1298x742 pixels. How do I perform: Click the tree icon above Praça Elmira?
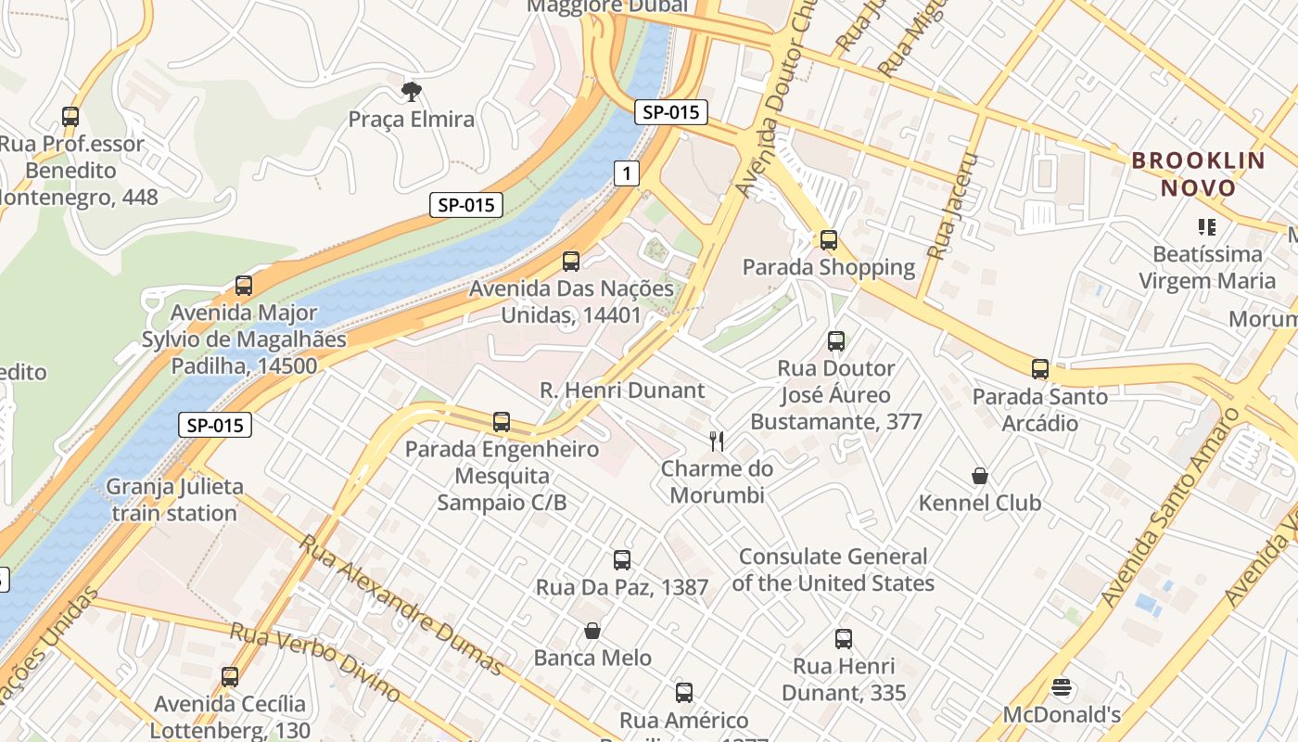[411, 91]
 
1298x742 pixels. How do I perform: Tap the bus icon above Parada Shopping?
[829, 240]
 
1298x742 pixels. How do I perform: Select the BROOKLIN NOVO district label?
[1198, 173]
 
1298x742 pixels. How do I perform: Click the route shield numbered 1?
[627, 173]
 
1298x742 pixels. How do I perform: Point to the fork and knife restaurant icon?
[717, 441]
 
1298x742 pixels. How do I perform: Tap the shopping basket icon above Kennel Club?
[980, 477]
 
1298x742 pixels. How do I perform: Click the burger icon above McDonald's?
[1062, 688]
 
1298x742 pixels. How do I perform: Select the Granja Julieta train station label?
[174, 499]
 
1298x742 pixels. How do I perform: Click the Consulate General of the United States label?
[833, 569]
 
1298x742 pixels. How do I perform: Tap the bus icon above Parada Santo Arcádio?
[1039, 369]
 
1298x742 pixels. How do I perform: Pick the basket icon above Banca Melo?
[592, 632]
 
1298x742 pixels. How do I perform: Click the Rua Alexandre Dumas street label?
[401, 603]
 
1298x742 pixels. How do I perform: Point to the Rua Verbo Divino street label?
[315, 661]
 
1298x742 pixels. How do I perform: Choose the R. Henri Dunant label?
[622, 390]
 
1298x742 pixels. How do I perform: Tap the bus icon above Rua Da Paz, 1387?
[622, 560]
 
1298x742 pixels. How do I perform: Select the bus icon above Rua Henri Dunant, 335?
[843, 639]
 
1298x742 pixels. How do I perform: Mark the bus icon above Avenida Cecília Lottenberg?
[230, 677]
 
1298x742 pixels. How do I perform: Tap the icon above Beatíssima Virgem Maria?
[1206, 226]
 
